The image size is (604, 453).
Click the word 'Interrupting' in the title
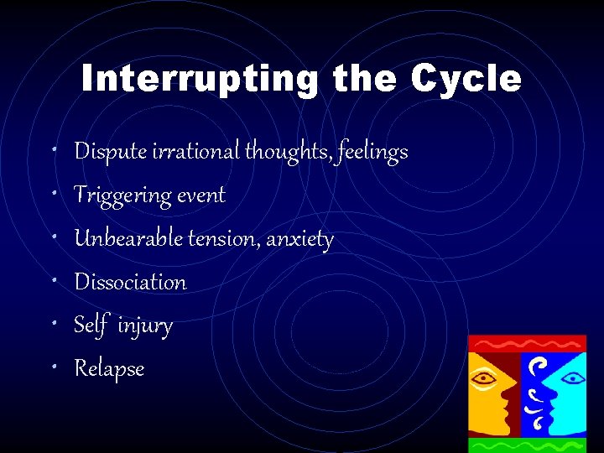coord(199,80)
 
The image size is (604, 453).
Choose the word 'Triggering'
coord(122,195)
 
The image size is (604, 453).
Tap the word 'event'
coord(201,195)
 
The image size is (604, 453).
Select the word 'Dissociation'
coord(130,282)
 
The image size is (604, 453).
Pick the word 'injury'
coord(145,325)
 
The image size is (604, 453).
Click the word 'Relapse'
coord(109,369)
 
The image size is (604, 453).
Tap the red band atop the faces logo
coord(527,342)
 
